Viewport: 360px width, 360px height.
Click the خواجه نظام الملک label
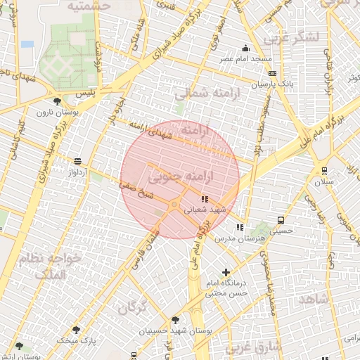click(x=63, y=266)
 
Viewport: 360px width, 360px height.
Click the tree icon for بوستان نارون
click(x=56, y=102)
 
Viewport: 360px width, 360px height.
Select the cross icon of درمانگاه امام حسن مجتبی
click(x=226, y=272)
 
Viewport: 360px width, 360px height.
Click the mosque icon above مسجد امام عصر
click(x=245, y=49)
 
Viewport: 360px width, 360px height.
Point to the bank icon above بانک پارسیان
click(x=272, y=73)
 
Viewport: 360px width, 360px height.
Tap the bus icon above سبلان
click(x=324, y=170)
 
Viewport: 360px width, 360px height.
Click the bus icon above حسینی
click(x=281, y=219)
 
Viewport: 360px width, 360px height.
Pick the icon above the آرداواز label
click(x=77, y=161)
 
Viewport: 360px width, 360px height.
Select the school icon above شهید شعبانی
click(x=205, y=199)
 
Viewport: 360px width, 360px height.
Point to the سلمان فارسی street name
click(x=145, y=247)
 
